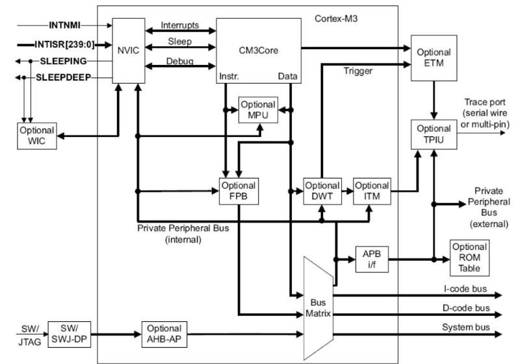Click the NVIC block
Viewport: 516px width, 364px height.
(128, 50)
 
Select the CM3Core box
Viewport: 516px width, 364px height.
(259, 50)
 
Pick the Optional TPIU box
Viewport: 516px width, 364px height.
(433, 134)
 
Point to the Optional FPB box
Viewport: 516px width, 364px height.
(239, 190)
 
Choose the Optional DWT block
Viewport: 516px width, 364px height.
(322, 190)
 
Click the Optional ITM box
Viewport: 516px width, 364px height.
(372, 190)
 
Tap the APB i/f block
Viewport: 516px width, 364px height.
(372, 259)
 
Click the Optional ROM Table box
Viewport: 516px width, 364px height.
(469, 258)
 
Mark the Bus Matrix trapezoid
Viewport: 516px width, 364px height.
(318, 308)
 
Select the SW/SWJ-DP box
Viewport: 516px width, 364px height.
(68, 334)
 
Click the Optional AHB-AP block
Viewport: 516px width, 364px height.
(164, 334)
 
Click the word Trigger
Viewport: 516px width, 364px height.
(357, 71)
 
